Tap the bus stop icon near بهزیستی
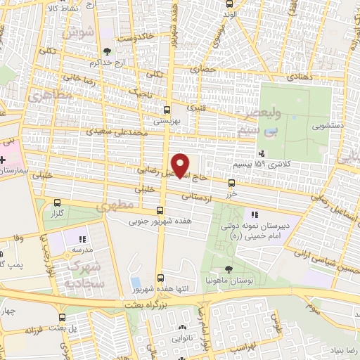167,110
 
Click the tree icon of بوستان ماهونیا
229,269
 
